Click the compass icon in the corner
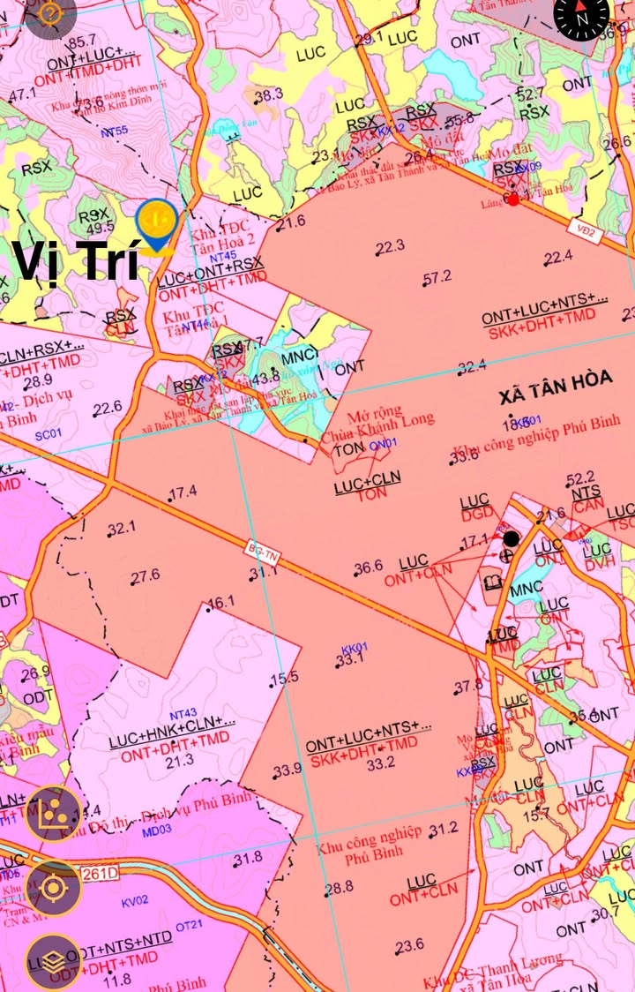click(582, 17)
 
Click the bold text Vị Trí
click(75, 260)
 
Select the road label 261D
click(100, 874)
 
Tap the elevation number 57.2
click(437, 277)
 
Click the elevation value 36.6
click(368, 567)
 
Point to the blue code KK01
click(354, 647)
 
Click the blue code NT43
click(183, 713)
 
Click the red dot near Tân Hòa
click(513, 199)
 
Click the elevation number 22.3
click(390, 246)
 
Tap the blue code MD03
click(156, 830)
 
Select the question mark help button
click(50, 13)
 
